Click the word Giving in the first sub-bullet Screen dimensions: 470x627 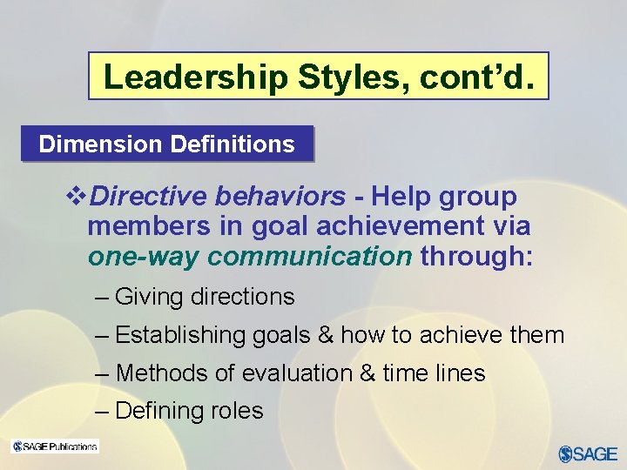149,297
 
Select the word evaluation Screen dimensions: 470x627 296,373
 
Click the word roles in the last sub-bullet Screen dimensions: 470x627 239,411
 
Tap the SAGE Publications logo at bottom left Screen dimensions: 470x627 54,446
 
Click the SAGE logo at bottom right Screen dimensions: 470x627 587,453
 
